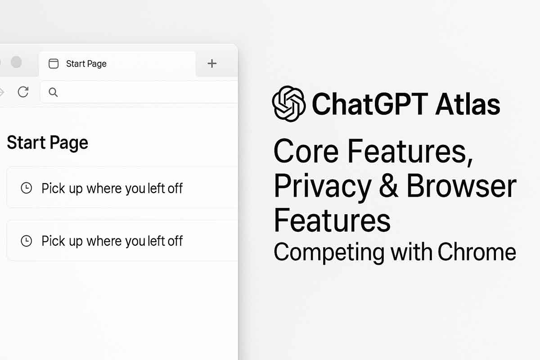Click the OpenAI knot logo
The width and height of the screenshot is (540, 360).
pos(289,104)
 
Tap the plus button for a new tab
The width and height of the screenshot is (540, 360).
pos(212,63)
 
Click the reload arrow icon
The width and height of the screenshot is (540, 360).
pos(23,92)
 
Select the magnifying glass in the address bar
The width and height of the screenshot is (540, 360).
pos(53,92)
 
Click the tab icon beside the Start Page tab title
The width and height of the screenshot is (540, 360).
pos(54,63)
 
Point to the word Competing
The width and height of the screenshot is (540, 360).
pos(329,252)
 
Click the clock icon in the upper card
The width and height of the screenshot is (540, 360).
pos(27,188)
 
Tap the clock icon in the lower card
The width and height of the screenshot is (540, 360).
pos(27,241)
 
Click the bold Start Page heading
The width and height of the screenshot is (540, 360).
pos(47,143)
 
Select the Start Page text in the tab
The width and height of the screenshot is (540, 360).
pos(86,64)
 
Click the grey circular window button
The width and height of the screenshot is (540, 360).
pos(16,62)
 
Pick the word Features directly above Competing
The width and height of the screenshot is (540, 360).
pos(332,220)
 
